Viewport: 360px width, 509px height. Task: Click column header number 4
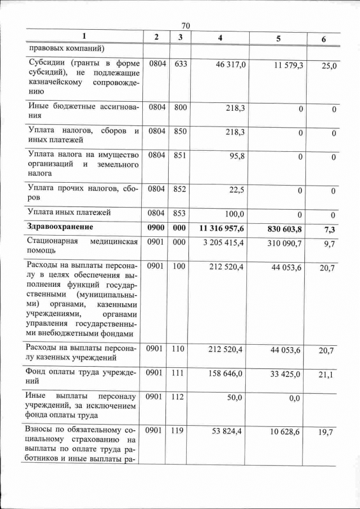click(220, 37)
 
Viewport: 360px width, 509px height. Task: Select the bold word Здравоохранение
click(63, 227)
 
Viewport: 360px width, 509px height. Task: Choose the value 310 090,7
click(283, 243)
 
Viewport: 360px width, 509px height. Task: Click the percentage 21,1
click(327, 375)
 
